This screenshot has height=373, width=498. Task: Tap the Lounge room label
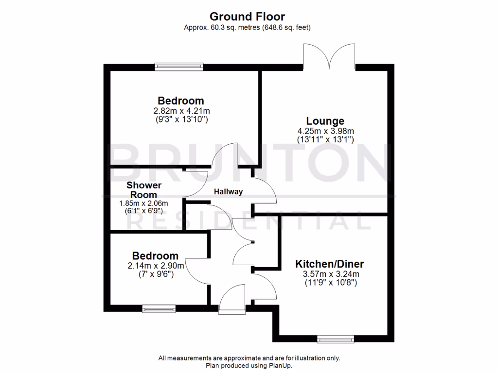[325, 121]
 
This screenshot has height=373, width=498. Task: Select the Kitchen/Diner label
[330, 265]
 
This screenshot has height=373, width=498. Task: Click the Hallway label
[229, 192]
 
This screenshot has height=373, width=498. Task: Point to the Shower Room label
[144, 190]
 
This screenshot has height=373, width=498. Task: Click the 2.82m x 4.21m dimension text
[180, 111]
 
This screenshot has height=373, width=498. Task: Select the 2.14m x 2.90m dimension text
[156, 266]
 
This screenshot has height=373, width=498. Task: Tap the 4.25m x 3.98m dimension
[325, 131]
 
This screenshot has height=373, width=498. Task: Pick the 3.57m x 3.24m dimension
[330, 274]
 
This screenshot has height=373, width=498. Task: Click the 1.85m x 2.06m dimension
[143, 203]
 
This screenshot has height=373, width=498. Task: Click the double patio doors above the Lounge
[329, 56]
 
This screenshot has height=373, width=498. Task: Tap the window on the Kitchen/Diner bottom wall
[335, 339]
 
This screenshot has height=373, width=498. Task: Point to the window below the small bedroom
[159, 307]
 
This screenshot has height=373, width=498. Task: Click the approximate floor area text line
[247, 28]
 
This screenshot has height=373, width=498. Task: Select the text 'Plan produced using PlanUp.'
[249, 366]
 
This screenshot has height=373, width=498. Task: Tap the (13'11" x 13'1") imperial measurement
[325, 139]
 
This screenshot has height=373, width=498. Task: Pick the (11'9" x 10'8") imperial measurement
[330, 282]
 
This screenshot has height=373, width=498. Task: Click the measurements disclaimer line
[249, 358]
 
